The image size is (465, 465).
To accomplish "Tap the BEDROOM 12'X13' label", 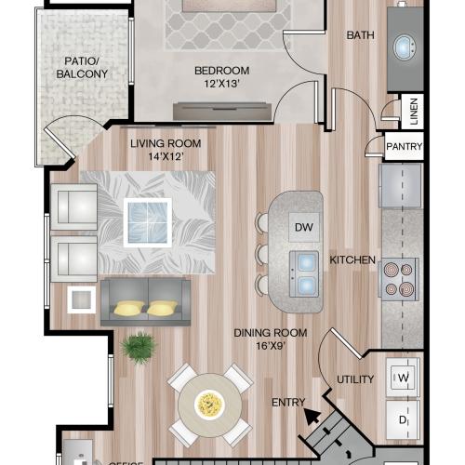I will point(222,77).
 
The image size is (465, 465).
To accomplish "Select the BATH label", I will point(360,35).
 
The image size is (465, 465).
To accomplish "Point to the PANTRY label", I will point(404,147).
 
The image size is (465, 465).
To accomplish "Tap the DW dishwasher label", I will point(302,227).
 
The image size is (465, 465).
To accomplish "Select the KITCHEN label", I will point(353,260).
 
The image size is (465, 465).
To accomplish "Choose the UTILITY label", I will point(355,379).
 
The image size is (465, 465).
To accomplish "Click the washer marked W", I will point(405,377).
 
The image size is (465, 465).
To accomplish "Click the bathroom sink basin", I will point(405,48).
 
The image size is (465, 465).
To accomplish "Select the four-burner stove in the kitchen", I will point(398,277).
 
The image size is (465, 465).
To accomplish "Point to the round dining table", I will point(209,405).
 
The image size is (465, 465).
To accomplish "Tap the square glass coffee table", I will point(148,222).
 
